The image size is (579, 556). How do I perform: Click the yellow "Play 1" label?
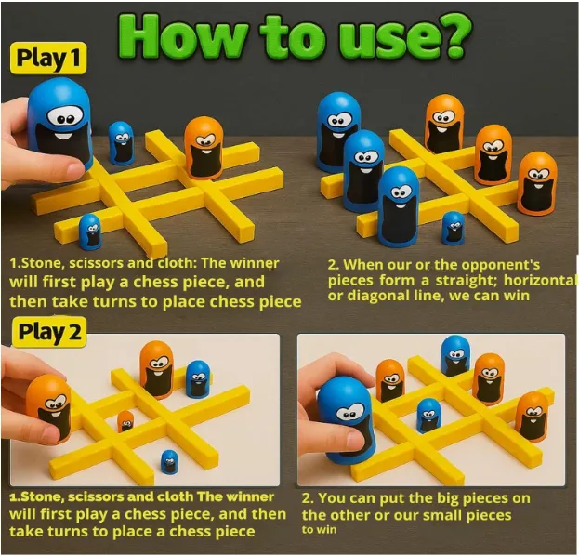(x=48, y=58)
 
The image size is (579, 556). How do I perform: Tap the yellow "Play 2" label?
(x=49, y=331)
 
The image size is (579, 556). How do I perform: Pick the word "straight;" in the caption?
(x=467, y=281)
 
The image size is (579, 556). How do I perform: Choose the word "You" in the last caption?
(x=332, y=498)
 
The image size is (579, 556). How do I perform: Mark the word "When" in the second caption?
(x=362, y=265)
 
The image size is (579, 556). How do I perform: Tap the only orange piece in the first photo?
(x=204, y=147)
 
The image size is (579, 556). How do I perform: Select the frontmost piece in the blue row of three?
(x=399, y=206)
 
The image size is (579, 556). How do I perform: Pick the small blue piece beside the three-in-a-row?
(x=453, y=227)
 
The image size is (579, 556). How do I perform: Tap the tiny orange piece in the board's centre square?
(x=125, y=421)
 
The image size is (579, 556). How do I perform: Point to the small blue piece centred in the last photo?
(x=428, y=416)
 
